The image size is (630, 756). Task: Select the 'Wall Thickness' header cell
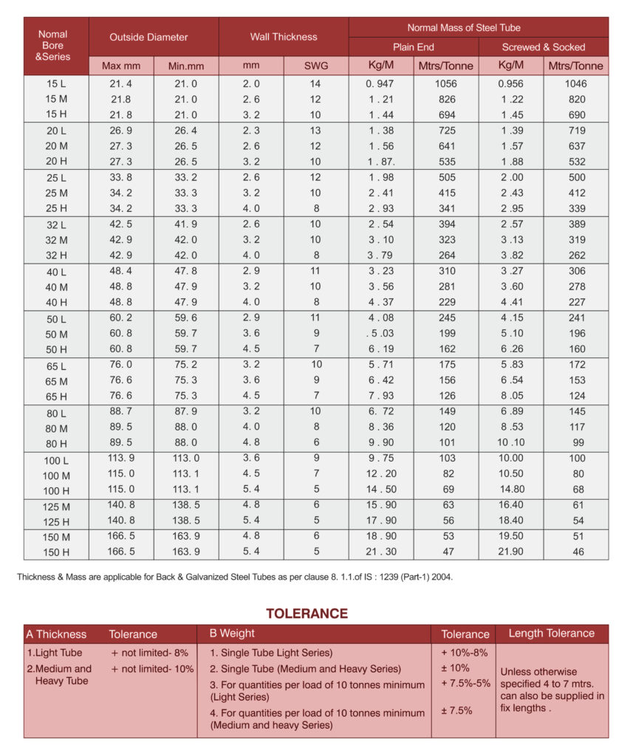pyautogui.click(x=284, y=37)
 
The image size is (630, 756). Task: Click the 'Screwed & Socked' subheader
pyautogui.click(x=543, y=47)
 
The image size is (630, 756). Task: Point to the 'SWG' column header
pyautogui.click(x=316, y=66)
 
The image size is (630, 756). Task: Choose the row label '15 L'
pyautogui.click(x=56, y=84)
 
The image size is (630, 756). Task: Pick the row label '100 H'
pyautogui.click(x=56, y=491)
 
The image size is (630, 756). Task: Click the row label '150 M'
pyautogui.click(x=56, y=537)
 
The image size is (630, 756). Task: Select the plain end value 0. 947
pyautogui.click(x=381, y=83)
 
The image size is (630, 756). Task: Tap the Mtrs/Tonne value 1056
pyautogui.click(x=445, y=83)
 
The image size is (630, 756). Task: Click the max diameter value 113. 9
pyautogui.click(x=121, y=458)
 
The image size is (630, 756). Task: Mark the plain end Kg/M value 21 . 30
pyautogui.click(x=381, y=552)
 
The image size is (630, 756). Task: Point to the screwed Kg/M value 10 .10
pyautogui.click(x=511, y=443)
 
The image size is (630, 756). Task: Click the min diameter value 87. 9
pyautogui.click(x=185, y=412)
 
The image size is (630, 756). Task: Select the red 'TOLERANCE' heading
pyautogui.click(x=307, y=614)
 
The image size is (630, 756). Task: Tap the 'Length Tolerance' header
pyautogui.click(x=551, y=633)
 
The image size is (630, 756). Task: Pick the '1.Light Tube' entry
pyautogui.click(x=55, y=653)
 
